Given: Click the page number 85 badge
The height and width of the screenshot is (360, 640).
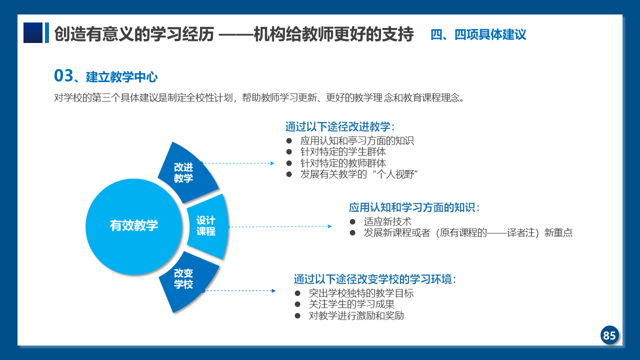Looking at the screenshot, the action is (x=609, y=335).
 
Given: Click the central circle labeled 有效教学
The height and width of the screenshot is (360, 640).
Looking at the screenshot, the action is (x=133, y=226).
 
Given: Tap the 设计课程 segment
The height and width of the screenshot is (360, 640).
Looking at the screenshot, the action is (x=207, y=226).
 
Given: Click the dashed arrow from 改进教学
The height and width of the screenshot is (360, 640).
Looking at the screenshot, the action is (x=238, y=163).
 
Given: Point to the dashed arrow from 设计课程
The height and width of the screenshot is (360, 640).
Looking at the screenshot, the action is (x=280, y=226).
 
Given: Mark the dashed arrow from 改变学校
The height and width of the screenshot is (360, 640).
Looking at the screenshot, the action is (x=239, y=291).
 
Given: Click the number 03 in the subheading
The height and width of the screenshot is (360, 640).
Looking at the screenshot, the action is (x=63, y=75).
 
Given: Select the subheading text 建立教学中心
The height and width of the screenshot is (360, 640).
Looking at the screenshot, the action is (x=121, y=77).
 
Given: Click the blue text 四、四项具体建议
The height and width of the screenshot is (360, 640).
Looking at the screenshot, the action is (x=478, y=34).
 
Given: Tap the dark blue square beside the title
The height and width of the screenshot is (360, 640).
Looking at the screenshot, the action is (x=33, y=32).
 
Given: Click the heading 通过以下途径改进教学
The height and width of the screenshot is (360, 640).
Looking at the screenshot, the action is (x=339, y=126).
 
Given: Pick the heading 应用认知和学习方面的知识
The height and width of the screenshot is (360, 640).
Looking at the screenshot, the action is (x=414, y=207).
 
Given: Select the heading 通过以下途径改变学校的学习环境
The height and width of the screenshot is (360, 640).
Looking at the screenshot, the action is (x=374, y=279).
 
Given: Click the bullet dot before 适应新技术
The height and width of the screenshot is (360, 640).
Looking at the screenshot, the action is (x=352, y=221).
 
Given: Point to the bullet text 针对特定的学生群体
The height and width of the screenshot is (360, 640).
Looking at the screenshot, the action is (x=343, y=151).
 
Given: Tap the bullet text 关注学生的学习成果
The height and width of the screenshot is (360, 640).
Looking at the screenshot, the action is (x=351, y=304).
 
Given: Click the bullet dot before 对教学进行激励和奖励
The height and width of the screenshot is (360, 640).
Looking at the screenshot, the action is (x=297, y=315).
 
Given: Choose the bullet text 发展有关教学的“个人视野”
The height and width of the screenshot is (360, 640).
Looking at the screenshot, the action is (x=359, y=174).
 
